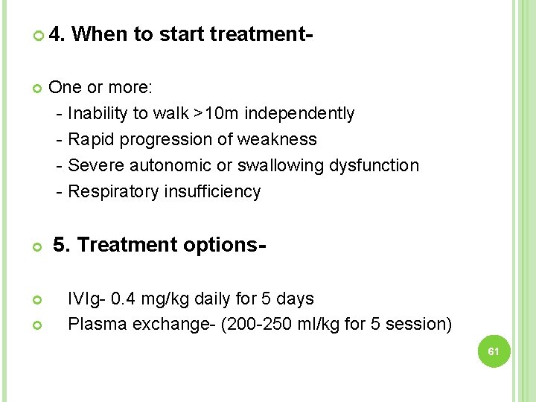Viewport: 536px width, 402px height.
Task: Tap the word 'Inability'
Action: click(98, 113)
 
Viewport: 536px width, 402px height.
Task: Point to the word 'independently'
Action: click(299, 113)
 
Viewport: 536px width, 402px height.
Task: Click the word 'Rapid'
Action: click(90, 139)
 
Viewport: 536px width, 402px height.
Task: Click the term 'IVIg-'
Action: click(86, 299)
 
